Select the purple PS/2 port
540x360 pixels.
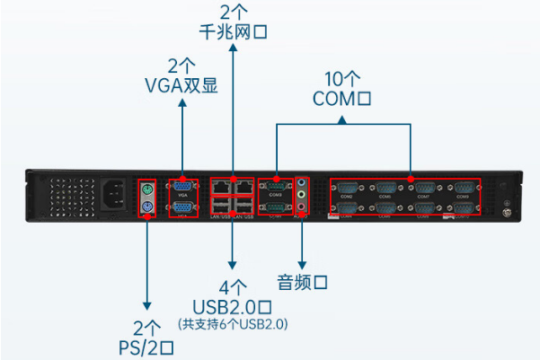tap(147, 208)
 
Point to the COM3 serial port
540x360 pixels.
tap(275, 186)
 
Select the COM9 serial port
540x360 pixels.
tap(465, 188)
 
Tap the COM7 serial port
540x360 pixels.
tap(425, 188)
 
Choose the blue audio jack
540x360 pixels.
tap(302, 182)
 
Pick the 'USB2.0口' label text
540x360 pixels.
tap(233, 306)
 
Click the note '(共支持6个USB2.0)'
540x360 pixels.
tap(233, 322)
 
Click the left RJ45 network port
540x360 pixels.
tap(222, 186)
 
